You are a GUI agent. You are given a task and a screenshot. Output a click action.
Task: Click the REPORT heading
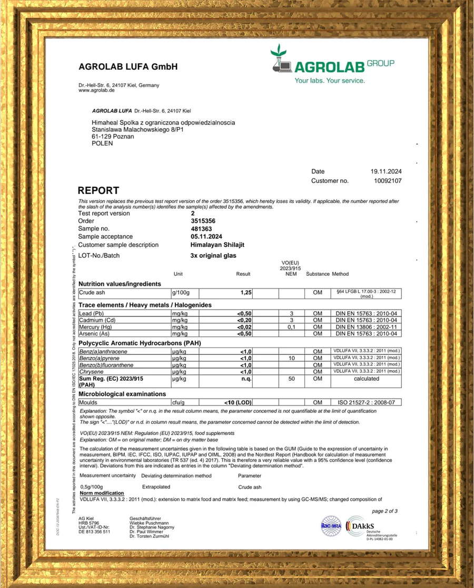click(x=98, y=190)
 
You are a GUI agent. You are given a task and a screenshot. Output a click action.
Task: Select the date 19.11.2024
click(x=386, y=171)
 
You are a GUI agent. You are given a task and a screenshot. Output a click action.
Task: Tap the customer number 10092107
click(x=388, y=181)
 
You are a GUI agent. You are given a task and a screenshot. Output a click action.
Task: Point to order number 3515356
click(x=203, y=221)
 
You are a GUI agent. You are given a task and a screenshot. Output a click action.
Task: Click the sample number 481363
click(x=201, y=229)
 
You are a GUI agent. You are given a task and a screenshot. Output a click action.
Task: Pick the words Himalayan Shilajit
click(x=217, y=245)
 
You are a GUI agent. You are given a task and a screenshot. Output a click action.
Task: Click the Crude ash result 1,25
click(x=246, y=292)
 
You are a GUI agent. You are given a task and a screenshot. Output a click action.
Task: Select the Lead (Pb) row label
click(x=93, y=314)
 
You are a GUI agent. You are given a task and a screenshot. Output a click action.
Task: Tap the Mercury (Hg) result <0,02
click(x=245, y=327)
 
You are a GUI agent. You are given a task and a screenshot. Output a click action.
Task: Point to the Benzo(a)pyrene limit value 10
click(x=291, y=358)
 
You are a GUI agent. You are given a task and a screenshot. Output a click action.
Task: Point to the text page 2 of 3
click(x=384, y=511)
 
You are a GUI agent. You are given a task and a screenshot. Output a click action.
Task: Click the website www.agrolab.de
click(x=97, y=90)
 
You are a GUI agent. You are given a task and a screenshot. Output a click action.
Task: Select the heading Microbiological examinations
click(x=122, y=394)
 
